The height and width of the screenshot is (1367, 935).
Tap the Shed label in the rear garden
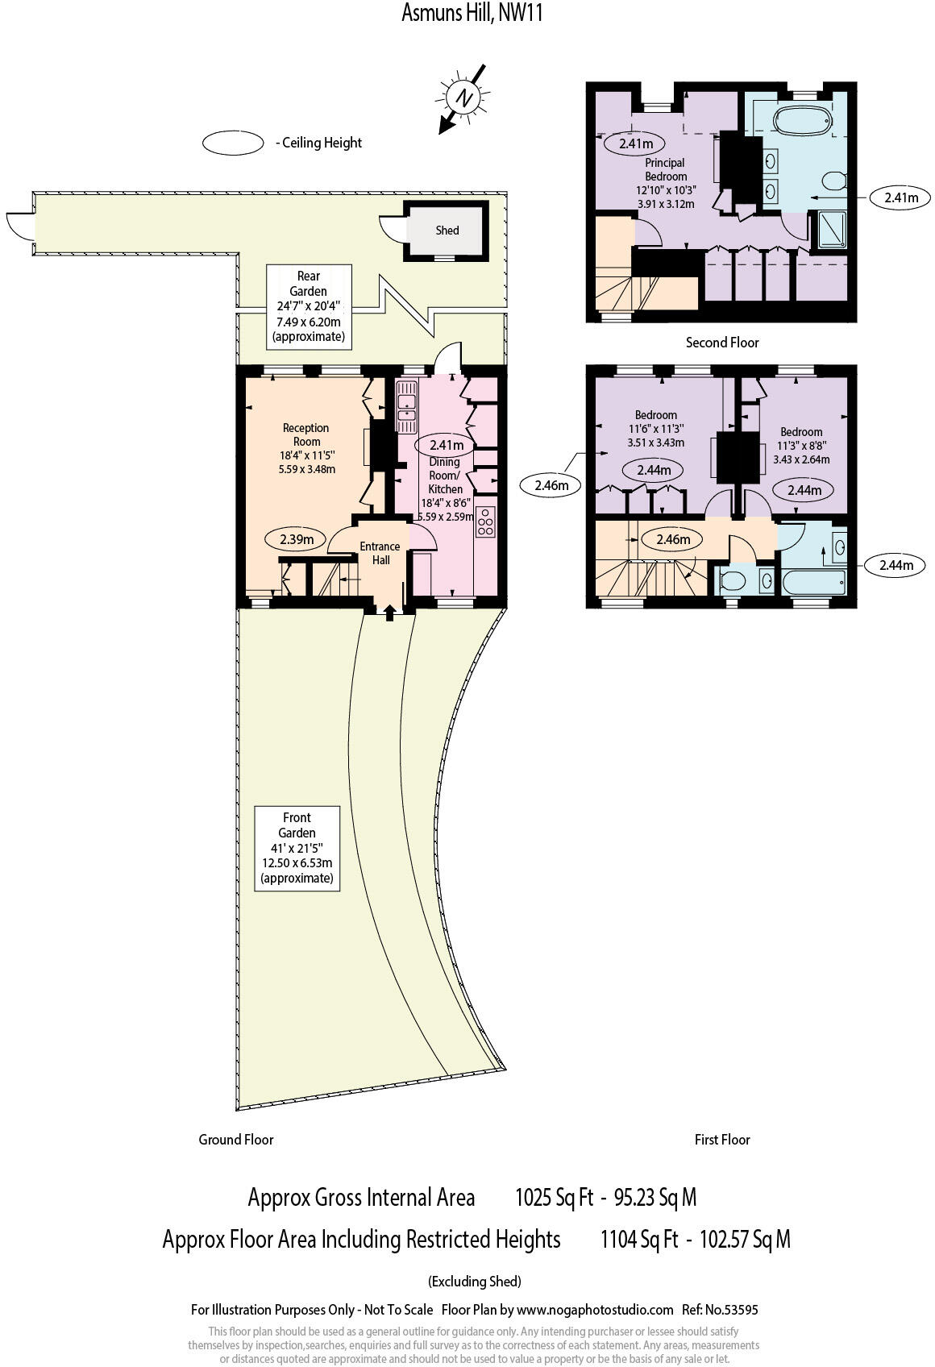[447, 231]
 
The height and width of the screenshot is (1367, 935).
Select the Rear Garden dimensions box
[309, 306]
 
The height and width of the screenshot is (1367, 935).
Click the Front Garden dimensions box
[297, 848]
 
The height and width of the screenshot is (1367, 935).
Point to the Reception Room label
[306, 434]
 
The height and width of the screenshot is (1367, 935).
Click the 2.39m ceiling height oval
[296, 539]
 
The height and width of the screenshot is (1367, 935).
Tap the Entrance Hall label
[380, 553]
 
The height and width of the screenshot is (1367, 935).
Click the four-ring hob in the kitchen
[485, 521]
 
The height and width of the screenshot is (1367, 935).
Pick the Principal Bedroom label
[666, 169]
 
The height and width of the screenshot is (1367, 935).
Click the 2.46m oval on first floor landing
[673, 539]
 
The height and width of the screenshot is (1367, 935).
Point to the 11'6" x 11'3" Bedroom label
[655, 428]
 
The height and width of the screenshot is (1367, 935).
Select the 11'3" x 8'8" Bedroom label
[800, 444]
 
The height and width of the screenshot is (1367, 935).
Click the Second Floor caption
[722, 343]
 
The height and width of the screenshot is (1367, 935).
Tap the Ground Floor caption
[236, 1139]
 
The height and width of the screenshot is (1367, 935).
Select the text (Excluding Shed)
[475, 1281]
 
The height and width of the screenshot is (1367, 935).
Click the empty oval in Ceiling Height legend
[233, 143]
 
